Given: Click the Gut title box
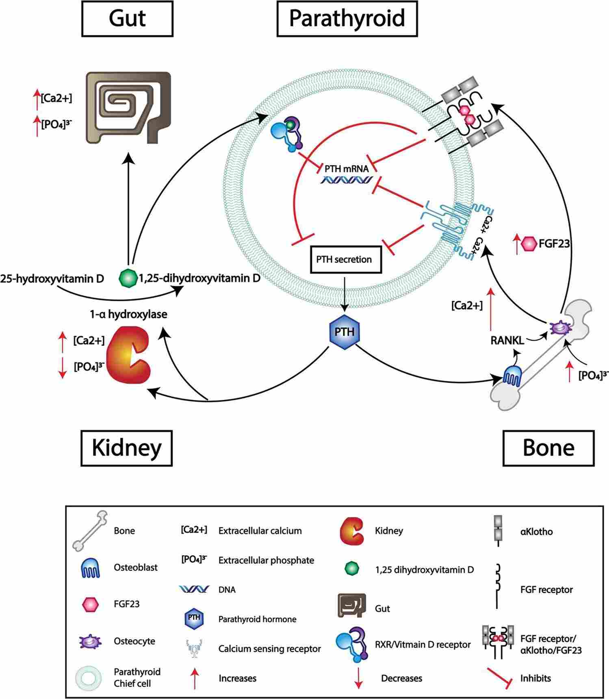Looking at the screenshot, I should [127, 19].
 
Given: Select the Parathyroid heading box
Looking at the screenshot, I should [347, 19].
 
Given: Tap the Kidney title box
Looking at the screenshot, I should [127, 448].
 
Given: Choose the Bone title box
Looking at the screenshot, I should [548, 448].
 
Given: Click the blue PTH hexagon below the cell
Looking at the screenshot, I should [345, 332].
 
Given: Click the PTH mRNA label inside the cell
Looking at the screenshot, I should [347, 169].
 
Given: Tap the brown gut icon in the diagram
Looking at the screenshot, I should [128, 108].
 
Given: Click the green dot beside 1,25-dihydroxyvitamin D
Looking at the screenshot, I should [128, 278].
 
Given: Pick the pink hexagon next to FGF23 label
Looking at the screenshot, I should [529, 243].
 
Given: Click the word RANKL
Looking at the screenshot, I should [507, 340].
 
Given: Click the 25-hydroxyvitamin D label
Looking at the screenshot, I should [52, 278].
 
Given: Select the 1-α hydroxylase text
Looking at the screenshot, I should [128, 314].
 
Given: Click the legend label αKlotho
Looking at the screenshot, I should [536, 532].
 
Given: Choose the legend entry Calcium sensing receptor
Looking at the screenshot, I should [269, 649].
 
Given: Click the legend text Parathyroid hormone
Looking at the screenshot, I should [257, 619].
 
